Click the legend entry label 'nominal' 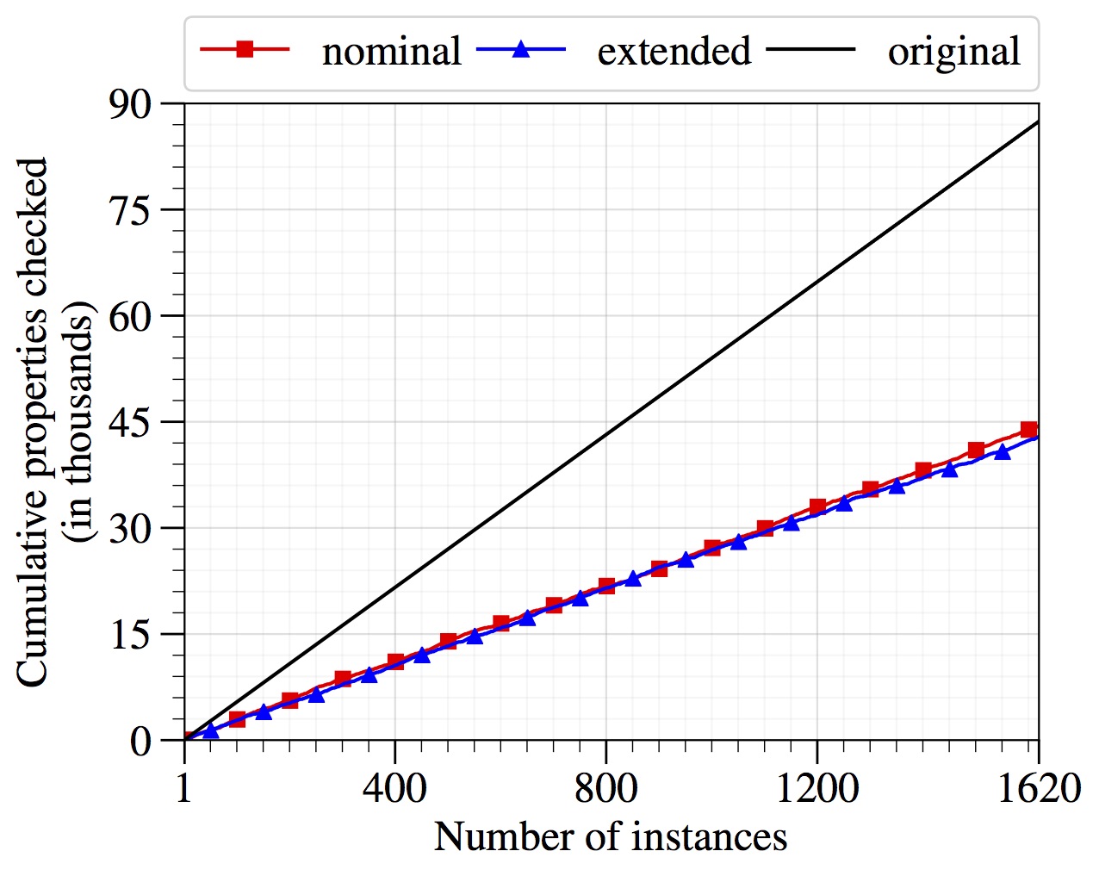391,52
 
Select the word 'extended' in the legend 674,52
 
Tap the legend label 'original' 953,52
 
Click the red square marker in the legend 245,49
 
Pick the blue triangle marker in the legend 520,49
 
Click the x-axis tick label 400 394,787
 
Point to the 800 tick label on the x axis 605,787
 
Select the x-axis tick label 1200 816,787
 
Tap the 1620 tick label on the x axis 1039,787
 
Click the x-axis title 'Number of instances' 610,836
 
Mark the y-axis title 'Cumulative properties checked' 33,422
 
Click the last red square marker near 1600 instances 1028,430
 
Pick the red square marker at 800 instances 606,587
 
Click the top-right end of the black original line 1038,122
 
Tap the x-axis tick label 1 184,787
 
